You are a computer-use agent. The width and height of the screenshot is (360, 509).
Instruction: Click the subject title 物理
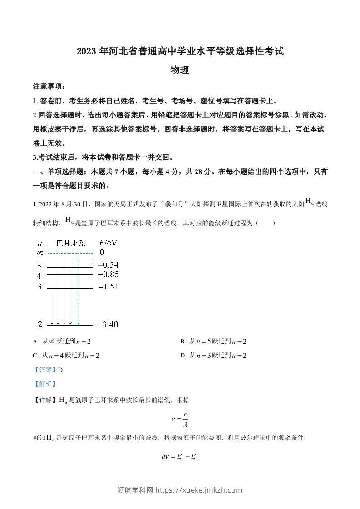(179, 70)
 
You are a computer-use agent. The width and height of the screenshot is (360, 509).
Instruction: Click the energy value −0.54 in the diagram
(108, 264)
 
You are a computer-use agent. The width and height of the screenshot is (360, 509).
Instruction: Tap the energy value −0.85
(108, 274)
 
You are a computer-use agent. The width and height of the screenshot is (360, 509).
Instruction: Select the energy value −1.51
(108, 287)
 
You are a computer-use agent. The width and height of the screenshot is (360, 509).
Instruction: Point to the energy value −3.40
(108, 324)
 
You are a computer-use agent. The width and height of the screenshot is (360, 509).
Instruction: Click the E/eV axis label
(108, 242)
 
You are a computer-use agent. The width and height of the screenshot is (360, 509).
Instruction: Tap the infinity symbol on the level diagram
(39, 253)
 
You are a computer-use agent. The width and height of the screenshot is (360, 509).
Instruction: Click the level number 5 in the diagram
(40, 266)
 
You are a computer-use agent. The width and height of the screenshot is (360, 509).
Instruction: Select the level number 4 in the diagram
(39, 276)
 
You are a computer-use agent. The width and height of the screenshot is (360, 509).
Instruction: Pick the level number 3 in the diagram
(39, 287)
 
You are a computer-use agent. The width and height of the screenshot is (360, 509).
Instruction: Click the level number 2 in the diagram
(39, 324)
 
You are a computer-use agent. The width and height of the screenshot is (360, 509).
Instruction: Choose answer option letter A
(35, 342)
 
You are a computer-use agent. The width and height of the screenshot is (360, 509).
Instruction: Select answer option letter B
(182, 342)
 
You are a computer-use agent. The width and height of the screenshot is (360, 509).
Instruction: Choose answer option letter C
(35, 356)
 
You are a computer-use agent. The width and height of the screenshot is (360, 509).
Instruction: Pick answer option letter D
(182, 356)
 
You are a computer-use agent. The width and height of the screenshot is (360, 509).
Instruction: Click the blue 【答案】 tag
(45, 370)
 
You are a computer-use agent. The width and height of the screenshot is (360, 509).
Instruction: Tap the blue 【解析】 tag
(45, 384)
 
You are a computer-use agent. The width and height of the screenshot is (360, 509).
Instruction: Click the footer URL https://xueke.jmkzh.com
(199, 490)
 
